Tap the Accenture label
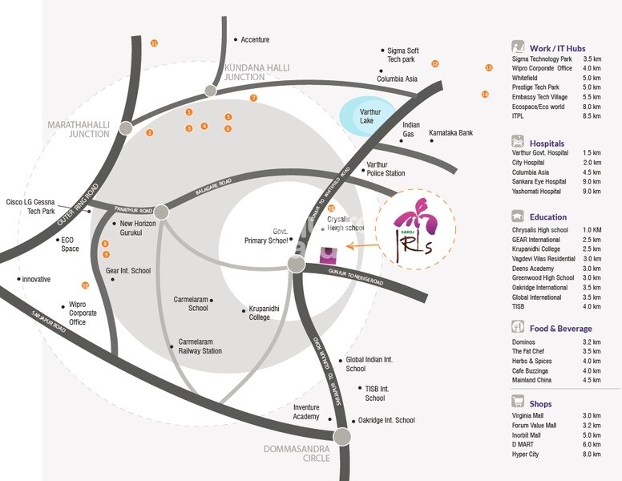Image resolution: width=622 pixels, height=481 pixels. click(255, 40)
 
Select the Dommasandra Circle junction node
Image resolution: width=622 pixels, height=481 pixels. click(343, 436)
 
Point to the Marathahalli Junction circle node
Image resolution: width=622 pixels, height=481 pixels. click(126, 127)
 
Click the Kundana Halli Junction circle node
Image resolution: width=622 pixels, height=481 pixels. click(211, 90)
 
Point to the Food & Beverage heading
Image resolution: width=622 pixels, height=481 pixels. click(560, 329)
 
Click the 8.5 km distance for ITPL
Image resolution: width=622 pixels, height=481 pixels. click(592, 116)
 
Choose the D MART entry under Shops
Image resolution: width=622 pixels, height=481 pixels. click(524, 444)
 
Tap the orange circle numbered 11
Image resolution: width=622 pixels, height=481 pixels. click(155, 42)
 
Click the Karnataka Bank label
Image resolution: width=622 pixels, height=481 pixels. click(450, 133)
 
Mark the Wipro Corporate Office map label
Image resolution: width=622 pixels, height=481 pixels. click(88, 313)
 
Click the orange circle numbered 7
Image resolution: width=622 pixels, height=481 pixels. click(253, 98)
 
